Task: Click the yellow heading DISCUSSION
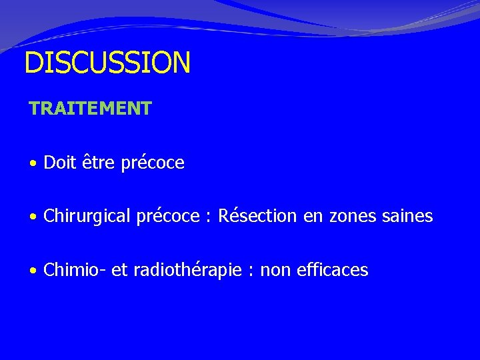coord(107,63)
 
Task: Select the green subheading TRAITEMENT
coord(90,108)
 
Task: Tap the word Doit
coord(58,163)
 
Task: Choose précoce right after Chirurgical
coord(168,217)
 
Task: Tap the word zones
coord(351,217)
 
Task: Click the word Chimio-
coord(70,270)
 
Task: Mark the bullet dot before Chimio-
coord(33,271)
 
